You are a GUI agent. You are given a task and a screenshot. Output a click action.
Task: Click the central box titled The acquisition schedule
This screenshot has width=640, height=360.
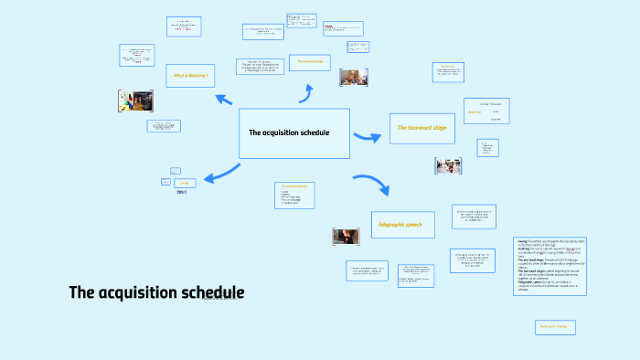pyautogui.click(x=293, y=133)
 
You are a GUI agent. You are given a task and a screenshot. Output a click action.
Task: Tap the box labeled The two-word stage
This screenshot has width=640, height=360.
pyautogui.click(x=421, y=129)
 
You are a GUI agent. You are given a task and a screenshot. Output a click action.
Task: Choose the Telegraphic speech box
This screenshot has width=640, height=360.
pyautogui.click(x=402, y=225)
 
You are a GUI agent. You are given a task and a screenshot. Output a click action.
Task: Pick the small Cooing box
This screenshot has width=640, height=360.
pyautogui.click(x=184, y=183)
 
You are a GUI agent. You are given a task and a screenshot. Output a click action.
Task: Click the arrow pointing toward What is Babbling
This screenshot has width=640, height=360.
pyautogui.click(x=223, y=99)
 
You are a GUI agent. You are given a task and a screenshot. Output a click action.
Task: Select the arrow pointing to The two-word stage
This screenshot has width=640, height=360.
pyautogui.click(x=368, y=137)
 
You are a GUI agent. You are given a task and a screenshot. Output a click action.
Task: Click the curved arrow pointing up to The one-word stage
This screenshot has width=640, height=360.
pyautogui.click(x=308, y=92)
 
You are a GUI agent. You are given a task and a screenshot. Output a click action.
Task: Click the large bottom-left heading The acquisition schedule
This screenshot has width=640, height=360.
pyautogui.click(x=156, y=292)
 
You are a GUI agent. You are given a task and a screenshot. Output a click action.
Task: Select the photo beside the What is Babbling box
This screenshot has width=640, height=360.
pyautogui.click(x=135, y=101)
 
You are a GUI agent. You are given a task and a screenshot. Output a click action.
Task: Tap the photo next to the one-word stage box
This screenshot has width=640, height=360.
pyautogui.click(x=353, y=77)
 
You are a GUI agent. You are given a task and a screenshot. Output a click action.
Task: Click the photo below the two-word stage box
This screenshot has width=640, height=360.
pyautogui.click(x=448, y=165)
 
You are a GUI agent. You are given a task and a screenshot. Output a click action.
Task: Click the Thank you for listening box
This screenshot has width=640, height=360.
pyautogui.click(x=555, y=326)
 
